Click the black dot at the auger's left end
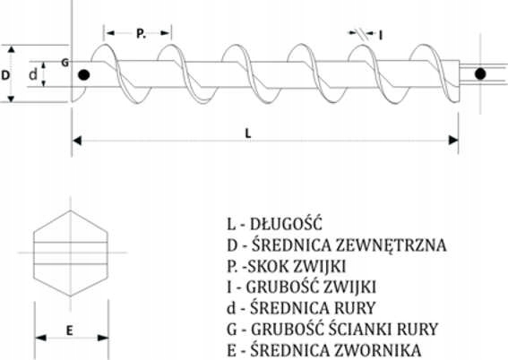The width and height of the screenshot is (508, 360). [x=84, y=75]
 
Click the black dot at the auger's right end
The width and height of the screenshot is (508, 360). [x=480, y=74]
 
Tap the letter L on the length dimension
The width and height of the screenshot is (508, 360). [x=248, y=133]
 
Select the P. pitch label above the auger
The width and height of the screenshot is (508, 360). [x=141, y=33]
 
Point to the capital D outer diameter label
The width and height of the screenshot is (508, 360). [x=5, y=75]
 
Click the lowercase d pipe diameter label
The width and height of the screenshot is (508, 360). [x=33, y=74]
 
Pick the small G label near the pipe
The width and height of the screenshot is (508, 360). [x=65, y=63]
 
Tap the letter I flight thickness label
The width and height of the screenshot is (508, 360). [x=381, y=35]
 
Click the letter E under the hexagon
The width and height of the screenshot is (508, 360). [x=70, y=330]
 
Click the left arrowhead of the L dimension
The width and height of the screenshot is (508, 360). [x=77, y=141]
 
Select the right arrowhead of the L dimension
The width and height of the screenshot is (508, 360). [x=453, y=141]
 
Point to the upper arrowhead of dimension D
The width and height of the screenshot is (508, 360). [x=12, y=49]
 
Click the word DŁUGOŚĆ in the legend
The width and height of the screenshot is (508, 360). [x=286, y=224]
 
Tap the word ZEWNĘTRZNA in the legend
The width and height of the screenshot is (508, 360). [x=391, y=245]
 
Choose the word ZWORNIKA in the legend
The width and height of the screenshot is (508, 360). [x=378, y=350]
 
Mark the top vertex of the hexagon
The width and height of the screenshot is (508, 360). [x=71, y=210]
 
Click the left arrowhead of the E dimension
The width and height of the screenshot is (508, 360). [x=40, y=338]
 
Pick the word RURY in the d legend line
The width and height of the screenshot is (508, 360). [x=355, y=308]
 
